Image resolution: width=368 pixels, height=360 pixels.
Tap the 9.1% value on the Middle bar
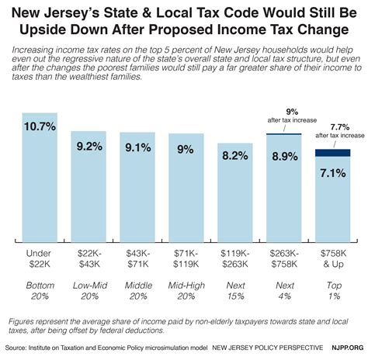click(x=134, y=146)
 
